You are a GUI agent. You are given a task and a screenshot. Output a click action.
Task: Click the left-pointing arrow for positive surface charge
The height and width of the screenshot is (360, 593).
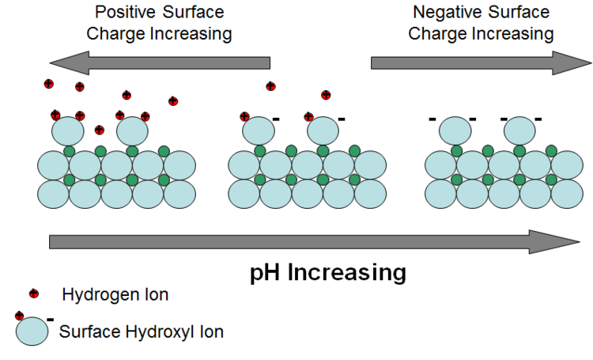(x=158, y=63)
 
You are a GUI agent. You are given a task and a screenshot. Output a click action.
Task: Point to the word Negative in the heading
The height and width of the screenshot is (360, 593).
(x=445, y=13)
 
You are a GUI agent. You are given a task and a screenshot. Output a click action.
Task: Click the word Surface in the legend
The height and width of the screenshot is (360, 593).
(x=88, y=332)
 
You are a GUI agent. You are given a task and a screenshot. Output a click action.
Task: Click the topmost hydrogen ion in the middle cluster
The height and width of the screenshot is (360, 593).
(x=271, y=86)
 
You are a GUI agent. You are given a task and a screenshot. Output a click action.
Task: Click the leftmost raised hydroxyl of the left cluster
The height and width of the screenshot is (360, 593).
(x=68, y=131)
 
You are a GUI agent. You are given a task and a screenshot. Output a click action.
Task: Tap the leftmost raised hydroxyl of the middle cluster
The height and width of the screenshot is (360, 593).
(x=259, y=131)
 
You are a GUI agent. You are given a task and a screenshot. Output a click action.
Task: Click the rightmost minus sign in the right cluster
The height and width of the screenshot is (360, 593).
(x=538, y=119)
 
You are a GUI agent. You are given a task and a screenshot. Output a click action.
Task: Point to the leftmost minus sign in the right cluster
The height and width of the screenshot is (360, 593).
(x=432, y=119)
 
